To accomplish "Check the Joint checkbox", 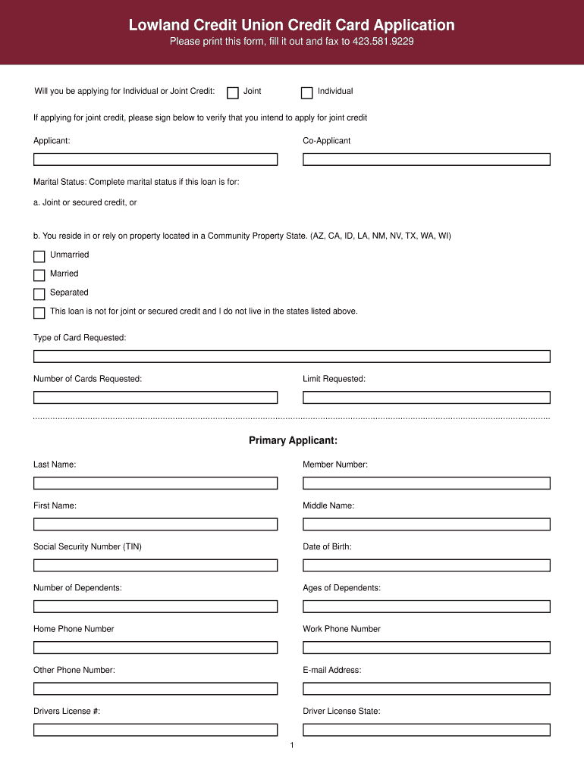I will point(233,93).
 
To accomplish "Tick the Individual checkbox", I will point(306,93).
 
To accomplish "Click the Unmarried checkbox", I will point(39,257).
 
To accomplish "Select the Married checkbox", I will point(39,276).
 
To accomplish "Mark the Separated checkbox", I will point(39,294).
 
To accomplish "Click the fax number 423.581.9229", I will point(383,42).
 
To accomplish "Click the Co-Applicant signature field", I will point(426,159).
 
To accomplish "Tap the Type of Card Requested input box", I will point(291,356).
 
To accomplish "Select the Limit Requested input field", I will point(426,397).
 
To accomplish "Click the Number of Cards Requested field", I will point(155,397).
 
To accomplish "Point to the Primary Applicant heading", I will point(293,440).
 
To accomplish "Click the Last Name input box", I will point(155,483).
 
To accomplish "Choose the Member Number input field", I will point(426,483).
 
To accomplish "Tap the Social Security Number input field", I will point(155,565).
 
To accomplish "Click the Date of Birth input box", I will point(426,565).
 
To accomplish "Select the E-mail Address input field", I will point(426,688).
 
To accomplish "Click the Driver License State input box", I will point(426,730).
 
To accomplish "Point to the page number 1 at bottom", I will point(291,746).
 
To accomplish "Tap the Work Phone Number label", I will point(341,629).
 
